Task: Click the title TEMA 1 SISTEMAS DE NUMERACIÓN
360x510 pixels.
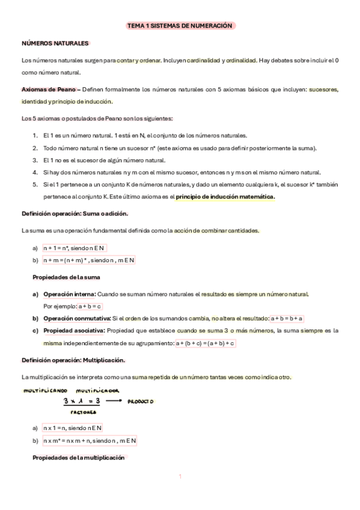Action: click(179, 26)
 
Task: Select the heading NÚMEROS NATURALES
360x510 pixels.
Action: click(55, 43)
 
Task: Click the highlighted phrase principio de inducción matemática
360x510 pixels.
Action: click(225, 197)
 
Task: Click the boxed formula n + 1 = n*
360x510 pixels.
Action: click(74, 247)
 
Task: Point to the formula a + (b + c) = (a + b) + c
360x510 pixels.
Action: click(204, 343)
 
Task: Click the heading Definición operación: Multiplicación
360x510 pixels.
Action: click(73, 360)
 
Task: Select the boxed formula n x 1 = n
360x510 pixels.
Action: click(72, 428)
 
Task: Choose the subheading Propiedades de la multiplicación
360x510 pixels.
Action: click(78, 457)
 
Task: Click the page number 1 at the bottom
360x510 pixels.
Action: click(180, 477)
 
